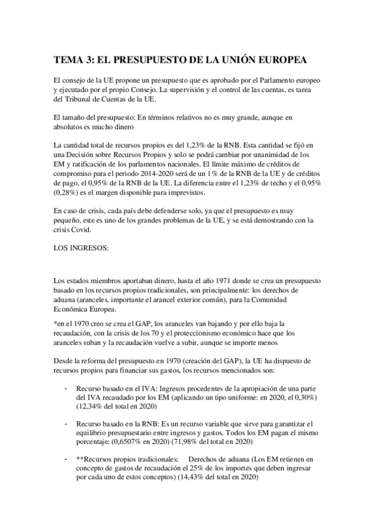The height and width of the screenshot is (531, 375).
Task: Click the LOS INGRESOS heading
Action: pyautogui.click(x=81, y=247)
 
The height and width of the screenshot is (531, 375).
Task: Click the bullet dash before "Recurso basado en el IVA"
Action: pyautogui.click(x=67, y=388)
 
